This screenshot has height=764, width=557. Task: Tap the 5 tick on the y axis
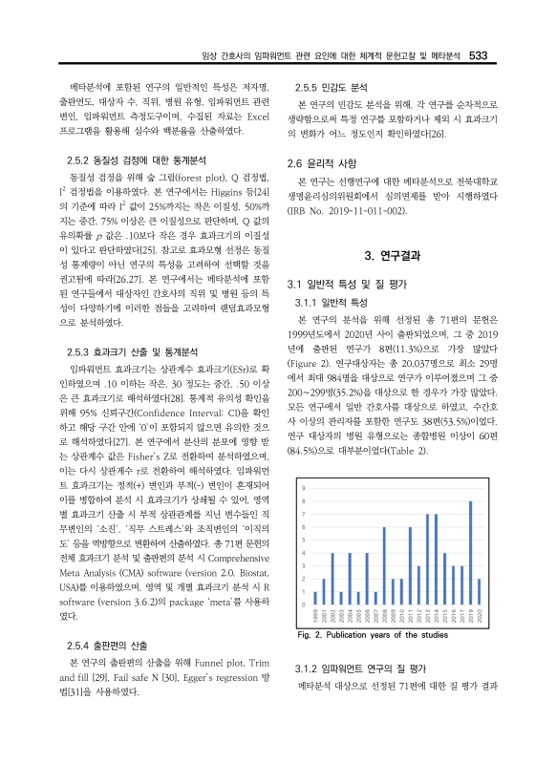(304, 541)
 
